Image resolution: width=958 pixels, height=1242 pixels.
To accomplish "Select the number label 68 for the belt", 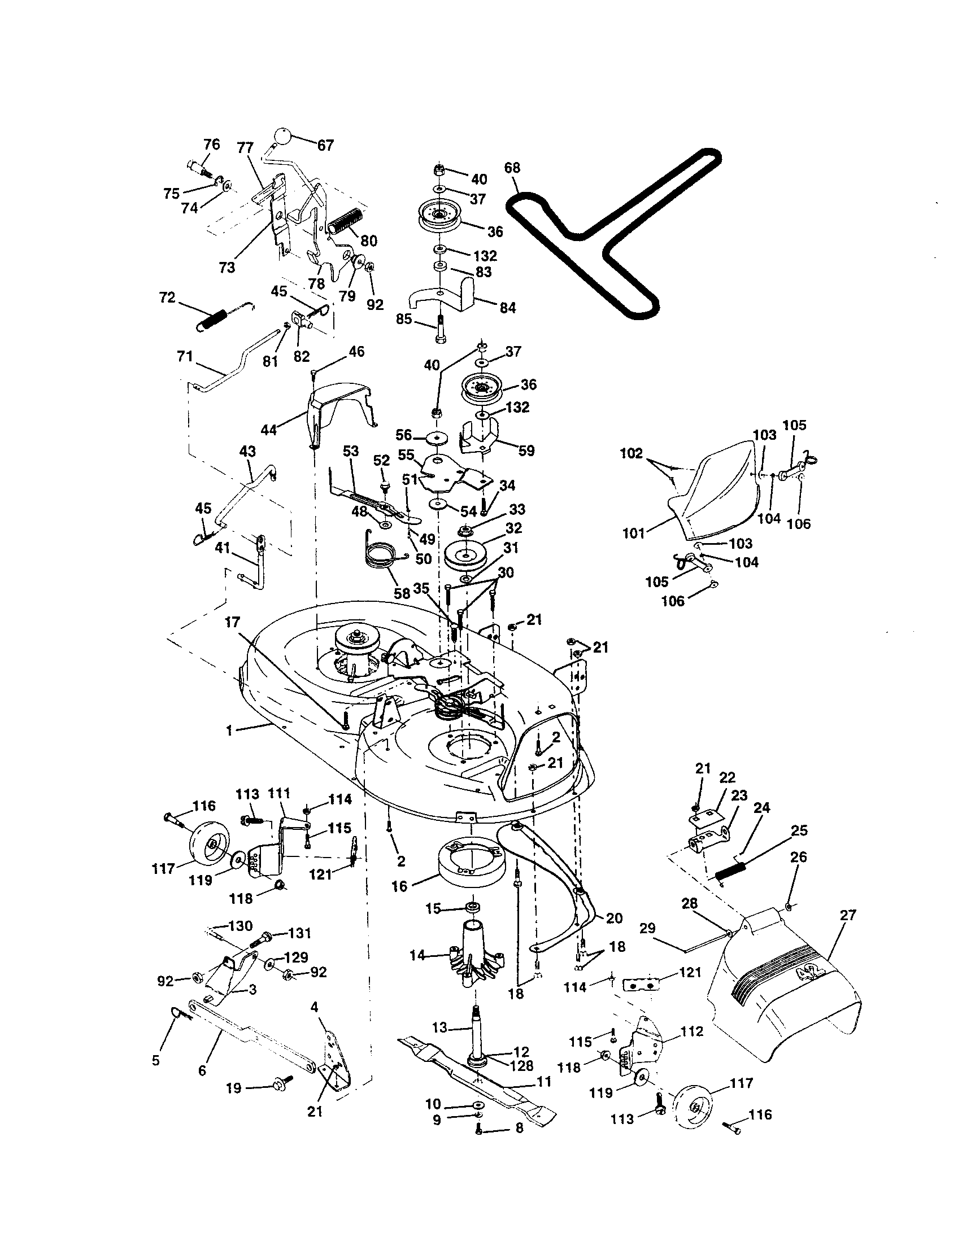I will point(512,168).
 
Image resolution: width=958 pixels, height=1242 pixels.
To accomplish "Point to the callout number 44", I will point(268,430).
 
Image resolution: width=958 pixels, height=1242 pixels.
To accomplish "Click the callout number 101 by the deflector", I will point(633,533).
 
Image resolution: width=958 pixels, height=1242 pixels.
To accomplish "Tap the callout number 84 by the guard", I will point(507,308).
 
